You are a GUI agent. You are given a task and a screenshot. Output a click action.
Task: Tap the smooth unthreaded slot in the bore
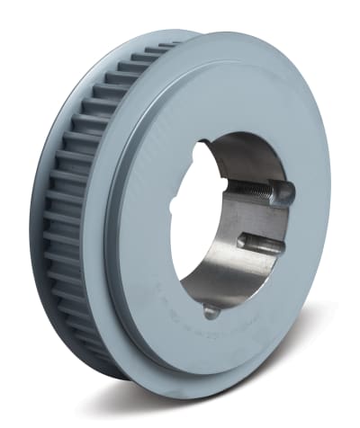click(x=261, y=241)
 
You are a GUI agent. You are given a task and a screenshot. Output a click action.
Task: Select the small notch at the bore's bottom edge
click(x=210, y=310)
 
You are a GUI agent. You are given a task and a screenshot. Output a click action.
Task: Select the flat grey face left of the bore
click(x=144, y=225)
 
